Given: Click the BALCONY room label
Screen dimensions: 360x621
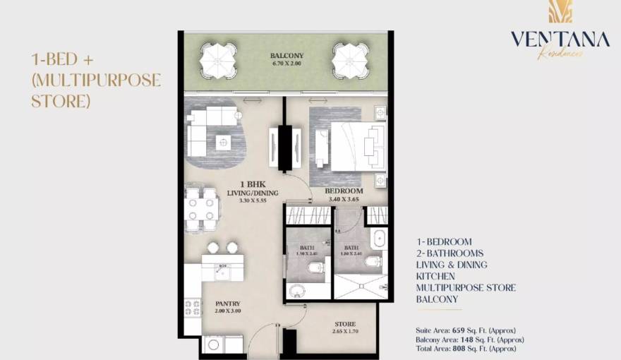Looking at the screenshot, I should point(287,56).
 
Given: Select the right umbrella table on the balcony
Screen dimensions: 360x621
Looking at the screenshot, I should point(350,60).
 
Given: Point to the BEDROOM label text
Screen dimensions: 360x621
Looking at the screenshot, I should point(344,191).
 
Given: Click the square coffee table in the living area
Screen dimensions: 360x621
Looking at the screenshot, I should point(224,142).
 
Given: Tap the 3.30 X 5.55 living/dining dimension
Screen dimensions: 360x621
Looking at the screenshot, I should point(252,201).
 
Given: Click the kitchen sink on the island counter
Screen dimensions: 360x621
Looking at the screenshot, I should point(222,269).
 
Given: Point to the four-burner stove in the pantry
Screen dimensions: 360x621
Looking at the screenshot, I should point(193,308).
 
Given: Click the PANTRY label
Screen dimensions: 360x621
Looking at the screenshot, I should point(228,304).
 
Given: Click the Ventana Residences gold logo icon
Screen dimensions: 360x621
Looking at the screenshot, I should point(560,12).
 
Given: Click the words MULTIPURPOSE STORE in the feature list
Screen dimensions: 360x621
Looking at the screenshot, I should point(466,288).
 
